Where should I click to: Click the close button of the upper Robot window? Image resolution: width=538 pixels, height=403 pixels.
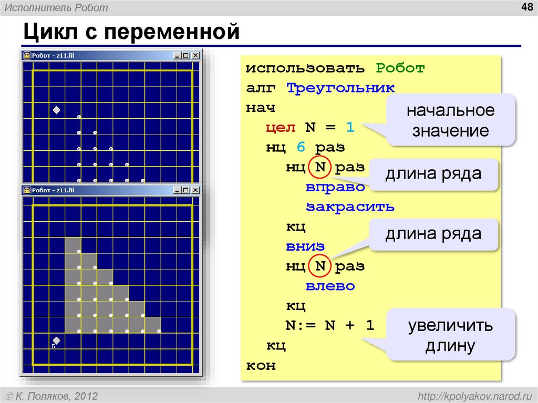click(195, 55)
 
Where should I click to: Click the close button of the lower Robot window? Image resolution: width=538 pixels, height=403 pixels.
click(195, 190)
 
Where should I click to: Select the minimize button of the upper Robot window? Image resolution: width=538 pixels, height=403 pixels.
click(178, 55)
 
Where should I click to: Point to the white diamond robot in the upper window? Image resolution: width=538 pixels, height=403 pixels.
click(57, 110)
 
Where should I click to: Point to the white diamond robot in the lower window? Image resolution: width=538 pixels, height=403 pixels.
click(57, 339)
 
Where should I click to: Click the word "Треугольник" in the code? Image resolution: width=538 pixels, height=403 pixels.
click(340, 88)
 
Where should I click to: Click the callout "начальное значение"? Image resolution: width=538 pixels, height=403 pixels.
click(450, 120)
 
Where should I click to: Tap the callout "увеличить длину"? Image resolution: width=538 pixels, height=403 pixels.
click(450, 335)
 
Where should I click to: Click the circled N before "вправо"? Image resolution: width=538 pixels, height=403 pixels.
click(320, 167)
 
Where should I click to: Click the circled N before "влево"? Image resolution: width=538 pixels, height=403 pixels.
click(320, 266)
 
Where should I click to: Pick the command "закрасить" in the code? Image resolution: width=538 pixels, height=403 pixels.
click(350, 206)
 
